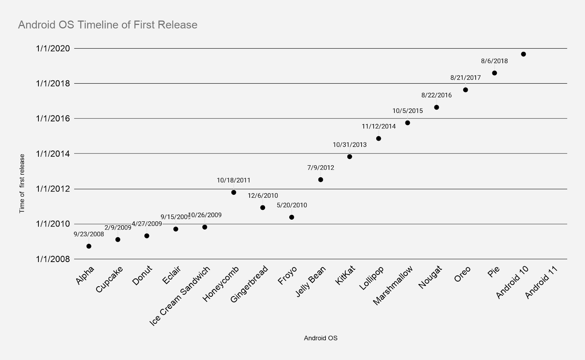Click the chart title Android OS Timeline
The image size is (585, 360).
(107, 25)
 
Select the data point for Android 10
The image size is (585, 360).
(523, 54)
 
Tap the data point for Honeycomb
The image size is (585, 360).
(234, 192)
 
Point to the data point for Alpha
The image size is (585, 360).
(89, 246)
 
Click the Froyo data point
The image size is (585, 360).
(291, 217)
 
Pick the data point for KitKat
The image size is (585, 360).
(350, 157)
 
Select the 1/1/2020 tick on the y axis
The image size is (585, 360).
(53, 49)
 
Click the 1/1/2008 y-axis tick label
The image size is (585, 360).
(53, 259)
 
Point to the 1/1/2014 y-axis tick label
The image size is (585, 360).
(53, 154)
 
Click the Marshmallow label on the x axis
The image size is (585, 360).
(393, 285)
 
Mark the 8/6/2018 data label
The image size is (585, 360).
(494, 61)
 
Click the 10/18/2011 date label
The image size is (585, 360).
(234, 180)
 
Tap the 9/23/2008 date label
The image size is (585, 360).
(89, 234)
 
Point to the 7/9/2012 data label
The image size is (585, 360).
(321, 168)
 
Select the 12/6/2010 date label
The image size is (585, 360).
(263, 196)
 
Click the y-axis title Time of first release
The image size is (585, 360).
(22, 183)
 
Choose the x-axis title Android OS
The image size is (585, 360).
(321, 338)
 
